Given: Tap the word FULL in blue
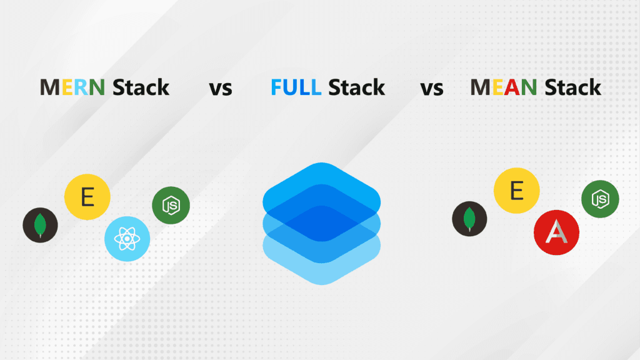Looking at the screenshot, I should pyautogui.click(x=296, y=87).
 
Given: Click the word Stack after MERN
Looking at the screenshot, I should pyautogui.click(x=141, y=87).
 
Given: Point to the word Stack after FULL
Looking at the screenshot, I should pyautogui.click(x=357, y=87).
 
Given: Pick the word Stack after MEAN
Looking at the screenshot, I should pyautogui.click(x=572, y=87).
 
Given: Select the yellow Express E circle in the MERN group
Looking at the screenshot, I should pyautogui.click(x=87, y=199).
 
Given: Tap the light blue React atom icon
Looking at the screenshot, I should pyautogui.click(x=126, y=239).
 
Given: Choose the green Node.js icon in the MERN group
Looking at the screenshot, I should pyautogui.click(x=171, y=205).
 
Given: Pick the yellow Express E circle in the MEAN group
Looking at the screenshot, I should pyautogui.click(x=517, y=191).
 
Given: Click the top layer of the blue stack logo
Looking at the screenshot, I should pyautogui.click(x=322, y=181).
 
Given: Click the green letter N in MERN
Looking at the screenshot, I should pyautogui.click(x=96, y=87).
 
